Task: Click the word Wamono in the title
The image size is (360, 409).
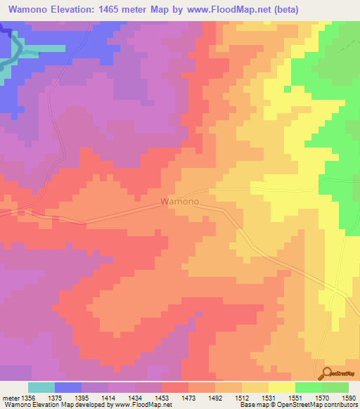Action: [x=28, y=10]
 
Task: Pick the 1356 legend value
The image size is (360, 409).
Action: [x=28, y=397]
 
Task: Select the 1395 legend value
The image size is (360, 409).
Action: [x=82, y=397]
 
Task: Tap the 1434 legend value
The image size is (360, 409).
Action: [x=136, y=397]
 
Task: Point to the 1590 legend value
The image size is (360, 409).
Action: [x=347, y=397]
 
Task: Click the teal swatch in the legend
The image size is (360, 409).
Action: [x=41, y=387]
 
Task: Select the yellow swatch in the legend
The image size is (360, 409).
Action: [x=282, y=387]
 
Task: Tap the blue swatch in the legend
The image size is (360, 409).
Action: [x=68, y=387]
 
